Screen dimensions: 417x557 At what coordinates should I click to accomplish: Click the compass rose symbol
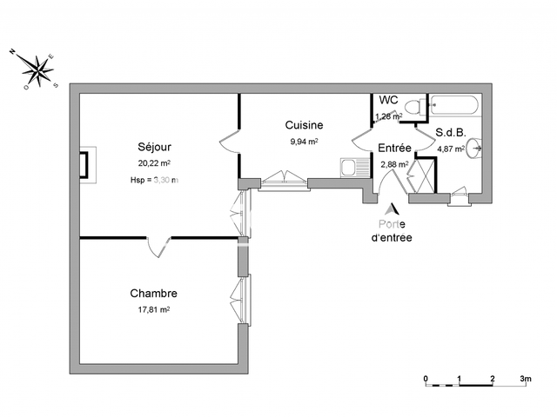(37, 69)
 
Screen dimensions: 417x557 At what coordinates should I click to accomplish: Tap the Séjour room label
(153, 146)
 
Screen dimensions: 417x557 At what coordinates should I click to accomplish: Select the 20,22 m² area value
(153, 162)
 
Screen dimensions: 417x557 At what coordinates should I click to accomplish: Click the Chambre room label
(153, 293)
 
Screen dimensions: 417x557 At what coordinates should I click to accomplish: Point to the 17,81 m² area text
(153, 308)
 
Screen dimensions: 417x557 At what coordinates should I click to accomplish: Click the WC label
(388, 100)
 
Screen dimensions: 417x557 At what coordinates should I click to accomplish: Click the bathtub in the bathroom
(453, 107)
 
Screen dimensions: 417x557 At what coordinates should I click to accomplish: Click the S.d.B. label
(451, 133)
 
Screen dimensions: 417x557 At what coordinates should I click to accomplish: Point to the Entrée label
(393, 148)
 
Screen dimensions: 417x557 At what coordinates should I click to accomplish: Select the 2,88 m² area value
(393, 163)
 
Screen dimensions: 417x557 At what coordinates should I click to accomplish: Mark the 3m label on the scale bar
(526, 380)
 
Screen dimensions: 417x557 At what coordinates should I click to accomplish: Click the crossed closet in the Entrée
(424, 174)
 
